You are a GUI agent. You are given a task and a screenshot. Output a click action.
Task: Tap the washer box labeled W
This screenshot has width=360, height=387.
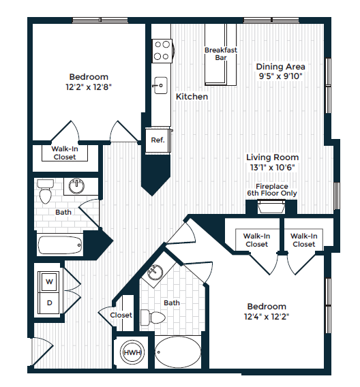click(x=49, y=280)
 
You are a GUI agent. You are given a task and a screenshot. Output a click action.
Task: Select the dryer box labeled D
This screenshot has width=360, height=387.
click(x=49, y=302)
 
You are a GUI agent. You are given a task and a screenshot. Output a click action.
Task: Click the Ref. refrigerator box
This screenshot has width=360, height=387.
click(x=157, y=140)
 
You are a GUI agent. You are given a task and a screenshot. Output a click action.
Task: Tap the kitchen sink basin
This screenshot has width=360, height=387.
click(x=161, y=85)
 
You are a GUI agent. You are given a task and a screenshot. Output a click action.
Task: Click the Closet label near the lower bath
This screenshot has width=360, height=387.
click(x=121, y=315)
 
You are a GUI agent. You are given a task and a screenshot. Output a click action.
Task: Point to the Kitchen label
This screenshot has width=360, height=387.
click(x=192, y=97)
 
